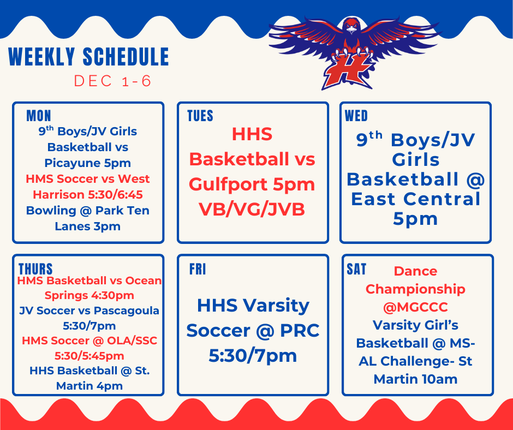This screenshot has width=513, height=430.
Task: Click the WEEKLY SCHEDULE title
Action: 88,57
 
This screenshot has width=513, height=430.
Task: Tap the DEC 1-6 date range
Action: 112,81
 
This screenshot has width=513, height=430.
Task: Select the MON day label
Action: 39,116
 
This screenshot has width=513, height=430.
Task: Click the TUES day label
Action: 200,116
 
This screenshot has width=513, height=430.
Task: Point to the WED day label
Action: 356,116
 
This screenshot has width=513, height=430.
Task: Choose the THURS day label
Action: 35,269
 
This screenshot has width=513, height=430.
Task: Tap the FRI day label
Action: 198,270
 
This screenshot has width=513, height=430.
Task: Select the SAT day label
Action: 356,269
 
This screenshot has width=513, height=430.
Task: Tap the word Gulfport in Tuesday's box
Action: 229,184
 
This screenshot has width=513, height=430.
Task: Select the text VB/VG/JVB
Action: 252,210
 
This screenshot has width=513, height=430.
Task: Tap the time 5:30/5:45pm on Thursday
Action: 88,356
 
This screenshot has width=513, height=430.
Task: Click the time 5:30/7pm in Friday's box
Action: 253,355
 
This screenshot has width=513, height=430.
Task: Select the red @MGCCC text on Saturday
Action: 415,307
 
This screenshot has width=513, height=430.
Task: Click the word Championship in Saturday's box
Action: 415,289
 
